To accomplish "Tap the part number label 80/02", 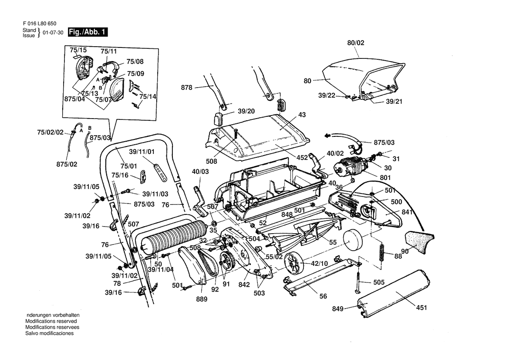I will pyautogui.click(x=355, y=43).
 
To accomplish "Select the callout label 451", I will pyautogui.click(x=421, y=308).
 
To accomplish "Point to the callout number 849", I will pyautogui.click(x=337, y=309).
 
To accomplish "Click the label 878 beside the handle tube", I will pyautogui.click(x=187, y=88).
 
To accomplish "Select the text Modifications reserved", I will pyautogui.click(x=51, y=321).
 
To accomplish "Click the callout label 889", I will pyautogui.click(x=201, y=299).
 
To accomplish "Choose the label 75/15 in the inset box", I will pyautogui.click(x=78, y=50).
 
